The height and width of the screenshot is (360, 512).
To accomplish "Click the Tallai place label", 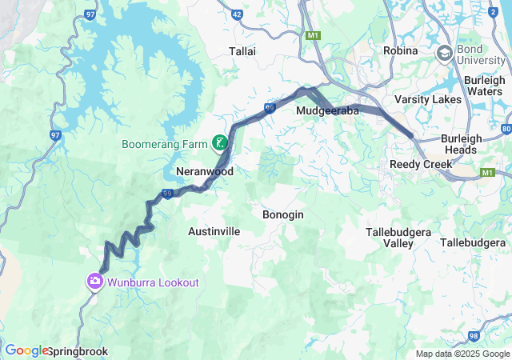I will point(242,51).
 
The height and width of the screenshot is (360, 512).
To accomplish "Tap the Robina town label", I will point(400,50).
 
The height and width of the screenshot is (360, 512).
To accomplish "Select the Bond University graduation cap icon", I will point(444,54).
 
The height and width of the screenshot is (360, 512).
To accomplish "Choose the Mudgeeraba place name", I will point(327,110).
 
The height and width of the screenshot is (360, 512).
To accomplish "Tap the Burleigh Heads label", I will point(461,144).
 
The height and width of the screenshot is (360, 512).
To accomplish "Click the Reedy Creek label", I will point(421,164).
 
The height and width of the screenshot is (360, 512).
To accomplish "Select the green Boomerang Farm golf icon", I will point(218,144).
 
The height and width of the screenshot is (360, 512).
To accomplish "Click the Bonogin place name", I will point(282,214).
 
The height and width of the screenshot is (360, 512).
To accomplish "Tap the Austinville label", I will point(214,231).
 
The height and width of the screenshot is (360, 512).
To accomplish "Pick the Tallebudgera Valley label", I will point(398,237).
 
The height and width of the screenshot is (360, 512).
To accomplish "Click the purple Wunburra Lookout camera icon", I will point(95,282).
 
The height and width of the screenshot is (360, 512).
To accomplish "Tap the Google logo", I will point(26,350).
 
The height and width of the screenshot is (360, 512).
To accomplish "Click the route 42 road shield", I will point(236,14).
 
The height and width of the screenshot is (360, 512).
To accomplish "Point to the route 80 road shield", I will point(506,129).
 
